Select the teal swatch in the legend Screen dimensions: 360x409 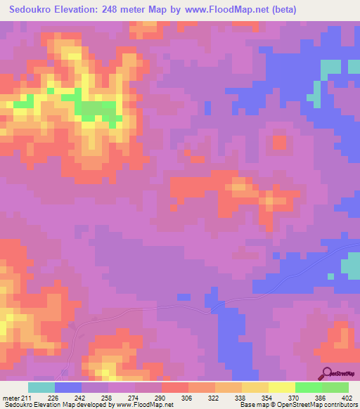click(41, 387)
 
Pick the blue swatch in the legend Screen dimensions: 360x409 click(67, 387)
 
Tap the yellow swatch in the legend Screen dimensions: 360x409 click(281, 387)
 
